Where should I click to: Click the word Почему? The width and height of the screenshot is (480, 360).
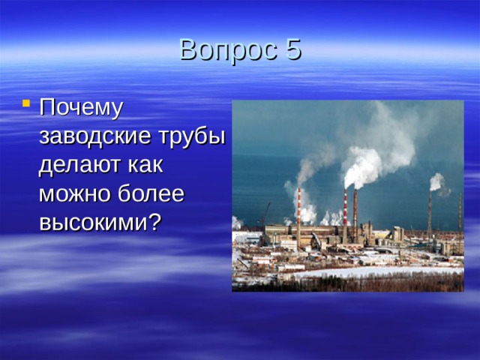coord(81,108)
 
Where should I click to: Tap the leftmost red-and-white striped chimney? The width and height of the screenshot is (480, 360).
coord(298,214)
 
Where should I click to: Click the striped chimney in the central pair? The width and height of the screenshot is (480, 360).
coord(345,210)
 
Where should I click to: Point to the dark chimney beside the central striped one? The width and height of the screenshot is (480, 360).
coord(355,210)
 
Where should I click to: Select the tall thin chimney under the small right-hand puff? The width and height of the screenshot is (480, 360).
coord(430,214)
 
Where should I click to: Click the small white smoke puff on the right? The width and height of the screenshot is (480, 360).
coord(436,181)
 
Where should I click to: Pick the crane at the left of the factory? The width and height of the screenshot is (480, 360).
coord(263,214)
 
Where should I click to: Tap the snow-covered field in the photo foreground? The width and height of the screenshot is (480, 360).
coord(360,273)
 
